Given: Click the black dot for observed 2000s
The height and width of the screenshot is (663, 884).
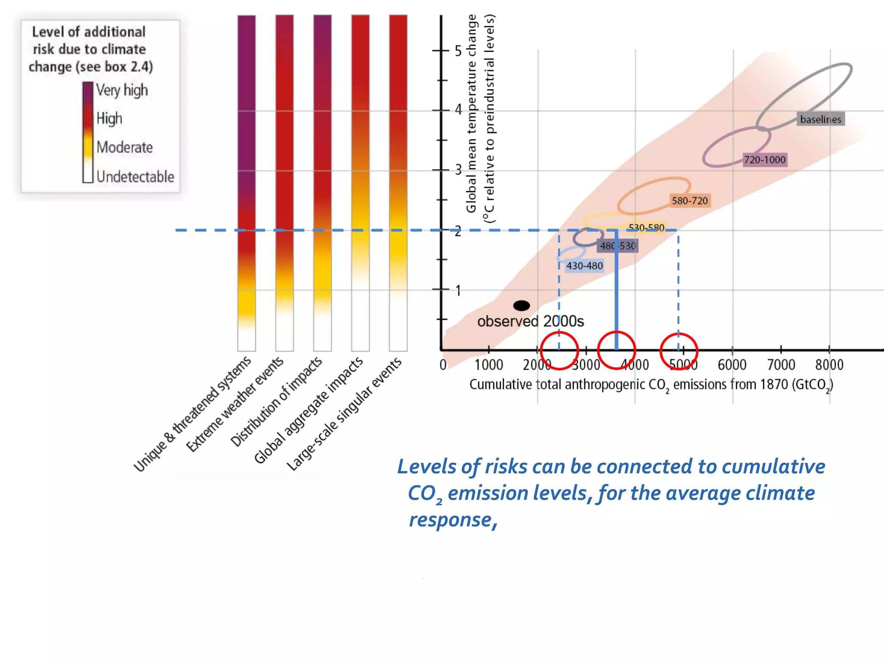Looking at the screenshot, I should (x=521, y=306).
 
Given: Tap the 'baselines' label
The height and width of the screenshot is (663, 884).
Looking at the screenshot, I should (x=820, y=119).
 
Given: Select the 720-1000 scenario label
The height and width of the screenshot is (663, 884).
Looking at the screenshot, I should (x=764, y=160).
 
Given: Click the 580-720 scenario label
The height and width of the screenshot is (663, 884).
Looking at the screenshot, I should (x=689, y=201).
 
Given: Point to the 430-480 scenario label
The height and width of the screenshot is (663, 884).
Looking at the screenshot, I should (x=584, y=265).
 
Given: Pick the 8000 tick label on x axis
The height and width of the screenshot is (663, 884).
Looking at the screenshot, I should (x=829, y=365).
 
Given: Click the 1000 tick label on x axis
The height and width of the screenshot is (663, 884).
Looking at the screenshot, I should (x=489, y=365).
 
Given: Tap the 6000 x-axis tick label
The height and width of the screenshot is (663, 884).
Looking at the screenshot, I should (x=732, y=365).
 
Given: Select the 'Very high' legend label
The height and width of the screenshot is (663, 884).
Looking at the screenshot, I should (x=122, y=90).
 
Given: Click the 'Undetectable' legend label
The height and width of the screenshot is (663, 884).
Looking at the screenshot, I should (x=135, y=177).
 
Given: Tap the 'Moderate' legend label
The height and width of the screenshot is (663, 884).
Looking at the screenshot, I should (x=124, y=147).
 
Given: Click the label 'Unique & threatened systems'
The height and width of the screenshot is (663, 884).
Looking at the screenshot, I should (x=193, y=414).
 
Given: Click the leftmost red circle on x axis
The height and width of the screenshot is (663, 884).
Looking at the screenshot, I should (x=559, y=350).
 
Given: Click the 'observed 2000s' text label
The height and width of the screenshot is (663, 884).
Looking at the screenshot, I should (x=530, y=322).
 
